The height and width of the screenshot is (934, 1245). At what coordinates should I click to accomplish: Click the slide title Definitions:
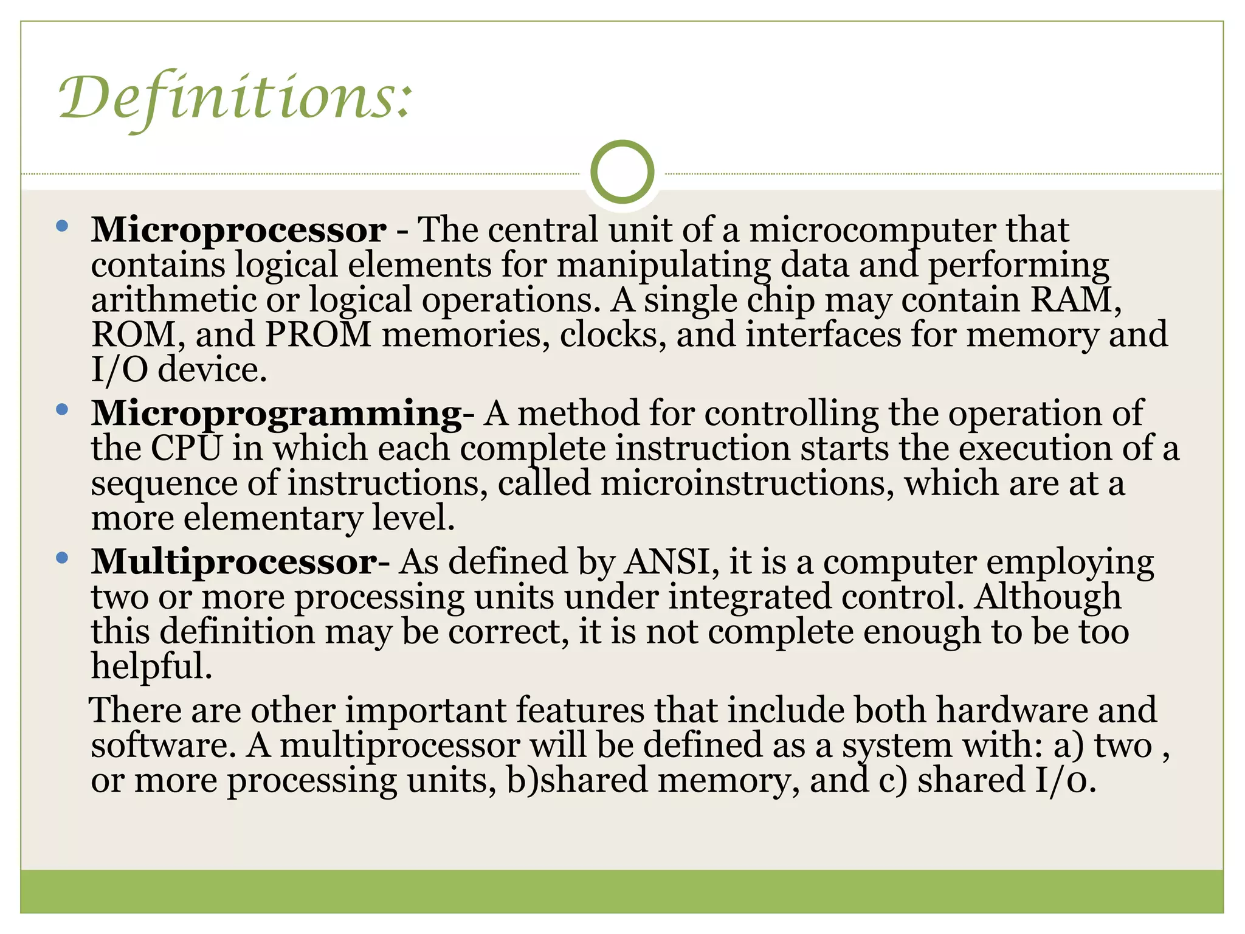236,97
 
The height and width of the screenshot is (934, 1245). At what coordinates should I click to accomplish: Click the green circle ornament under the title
622,171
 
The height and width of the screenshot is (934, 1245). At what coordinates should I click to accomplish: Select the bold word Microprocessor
239,230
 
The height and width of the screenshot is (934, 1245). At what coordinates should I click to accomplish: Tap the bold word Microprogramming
277,413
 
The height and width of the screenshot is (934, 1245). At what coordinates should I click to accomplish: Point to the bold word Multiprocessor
235,561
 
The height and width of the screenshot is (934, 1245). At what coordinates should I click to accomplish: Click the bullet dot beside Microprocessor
61,227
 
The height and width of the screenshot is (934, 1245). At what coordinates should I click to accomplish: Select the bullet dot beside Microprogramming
61,410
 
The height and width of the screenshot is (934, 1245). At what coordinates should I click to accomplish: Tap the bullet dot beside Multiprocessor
61,558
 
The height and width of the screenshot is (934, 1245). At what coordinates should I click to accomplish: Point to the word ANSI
667,561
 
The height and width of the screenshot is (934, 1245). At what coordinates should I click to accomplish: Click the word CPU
186,448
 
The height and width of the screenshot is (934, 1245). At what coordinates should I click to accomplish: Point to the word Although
1048,597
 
